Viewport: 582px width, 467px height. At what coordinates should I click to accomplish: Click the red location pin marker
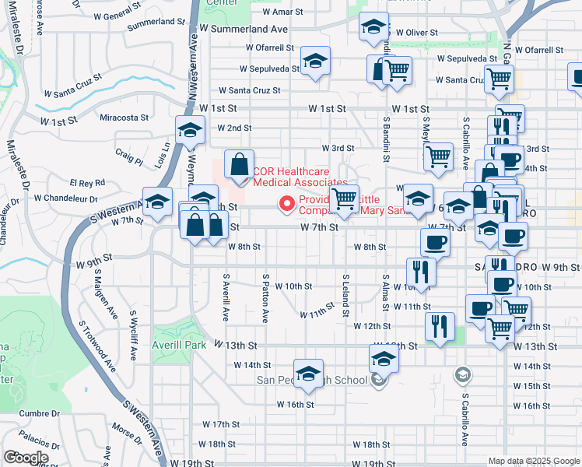coord(286,205)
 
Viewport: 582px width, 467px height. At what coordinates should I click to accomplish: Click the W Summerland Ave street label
coord(244,29)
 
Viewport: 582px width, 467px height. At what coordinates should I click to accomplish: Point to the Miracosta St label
coord(124,118)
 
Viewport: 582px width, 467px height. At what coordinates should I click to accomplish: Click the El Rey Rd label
coord(86,183)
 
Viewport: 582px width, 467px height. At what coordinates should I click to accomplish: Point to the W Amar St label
coord(282,12)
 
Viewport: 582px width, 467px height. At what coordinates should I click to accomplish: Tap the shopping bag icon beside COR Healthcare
coord(239,164)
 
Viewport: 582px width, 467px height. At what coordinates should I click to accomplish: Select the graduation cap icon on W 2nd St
coord(190,131)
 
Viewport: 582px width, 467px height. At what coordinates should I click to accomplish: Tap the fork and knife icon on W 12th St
coord(440,328)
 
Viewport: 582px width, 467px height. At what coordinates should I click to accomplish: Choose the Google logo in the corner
coord(26,457)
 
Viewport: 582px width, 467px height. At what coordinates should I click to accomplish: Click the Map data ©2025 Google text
coord(533,461)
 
